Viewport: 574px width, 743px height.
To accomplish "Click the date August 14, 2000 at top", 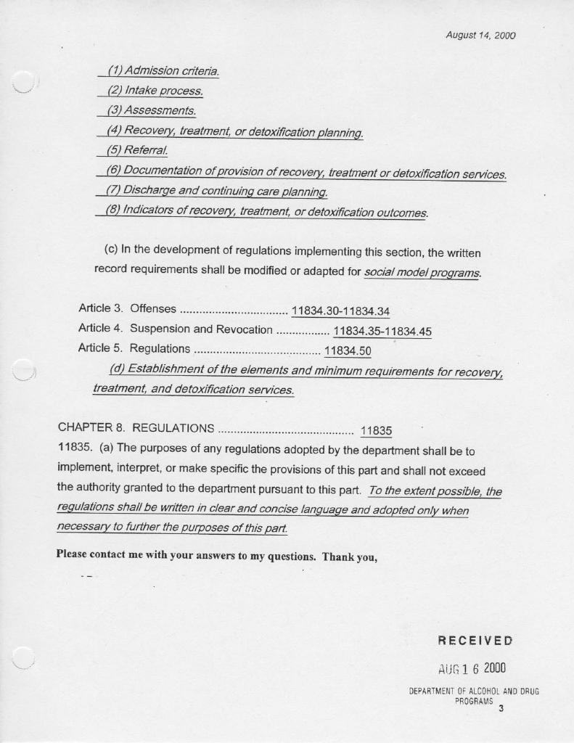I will (x=480, y=35).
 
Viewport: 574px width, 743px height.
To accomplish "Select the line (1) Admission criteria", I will (x=163, y=71).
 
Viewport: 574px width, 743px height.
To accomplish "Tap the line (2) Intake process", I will (x=155, y=91).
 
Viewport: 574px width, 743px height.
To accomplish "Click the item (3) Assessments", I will (x=152, y=110).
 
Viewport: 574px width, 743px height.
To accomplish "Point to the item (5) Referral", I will (x=137, y=151).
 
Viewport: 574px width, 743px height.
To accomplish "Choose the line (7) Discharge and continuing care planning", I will (x=216, y=191).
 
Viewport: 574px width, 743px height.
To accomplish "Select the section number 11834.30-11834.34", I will (x=340, y=312).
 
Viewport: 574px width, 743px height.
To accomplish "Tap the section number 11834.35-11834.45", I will (x=382, y=332).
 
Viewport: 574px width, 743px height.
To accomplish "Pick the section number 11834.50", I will (x=348, y=352).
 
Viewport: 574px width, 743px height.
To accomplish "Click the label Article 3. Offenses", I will (x=127, y=308).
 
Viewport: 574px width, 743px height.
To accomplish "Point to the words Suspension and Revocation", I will (x=201, y=329).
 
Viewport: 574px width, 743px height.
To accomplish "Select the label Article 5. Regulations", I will (x=134, y=348).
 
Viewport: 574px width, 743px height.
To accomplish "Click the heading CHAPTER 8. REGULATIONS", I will (x=136, y=427).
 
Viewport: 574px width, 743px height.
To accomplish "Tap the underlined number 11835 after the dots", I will (x=376, y=430).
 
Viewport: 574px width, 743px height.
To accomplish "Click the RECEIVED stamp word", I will (x=475, y=641).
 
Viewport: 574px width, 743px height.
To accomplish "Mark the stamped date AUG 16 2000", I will (x=472, y=668).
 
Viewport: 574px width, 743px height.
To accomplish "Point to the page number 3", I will (x=501, y=709).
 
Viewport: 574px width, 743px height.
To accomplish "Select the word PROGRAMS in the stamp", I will (x=474, y=702).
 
